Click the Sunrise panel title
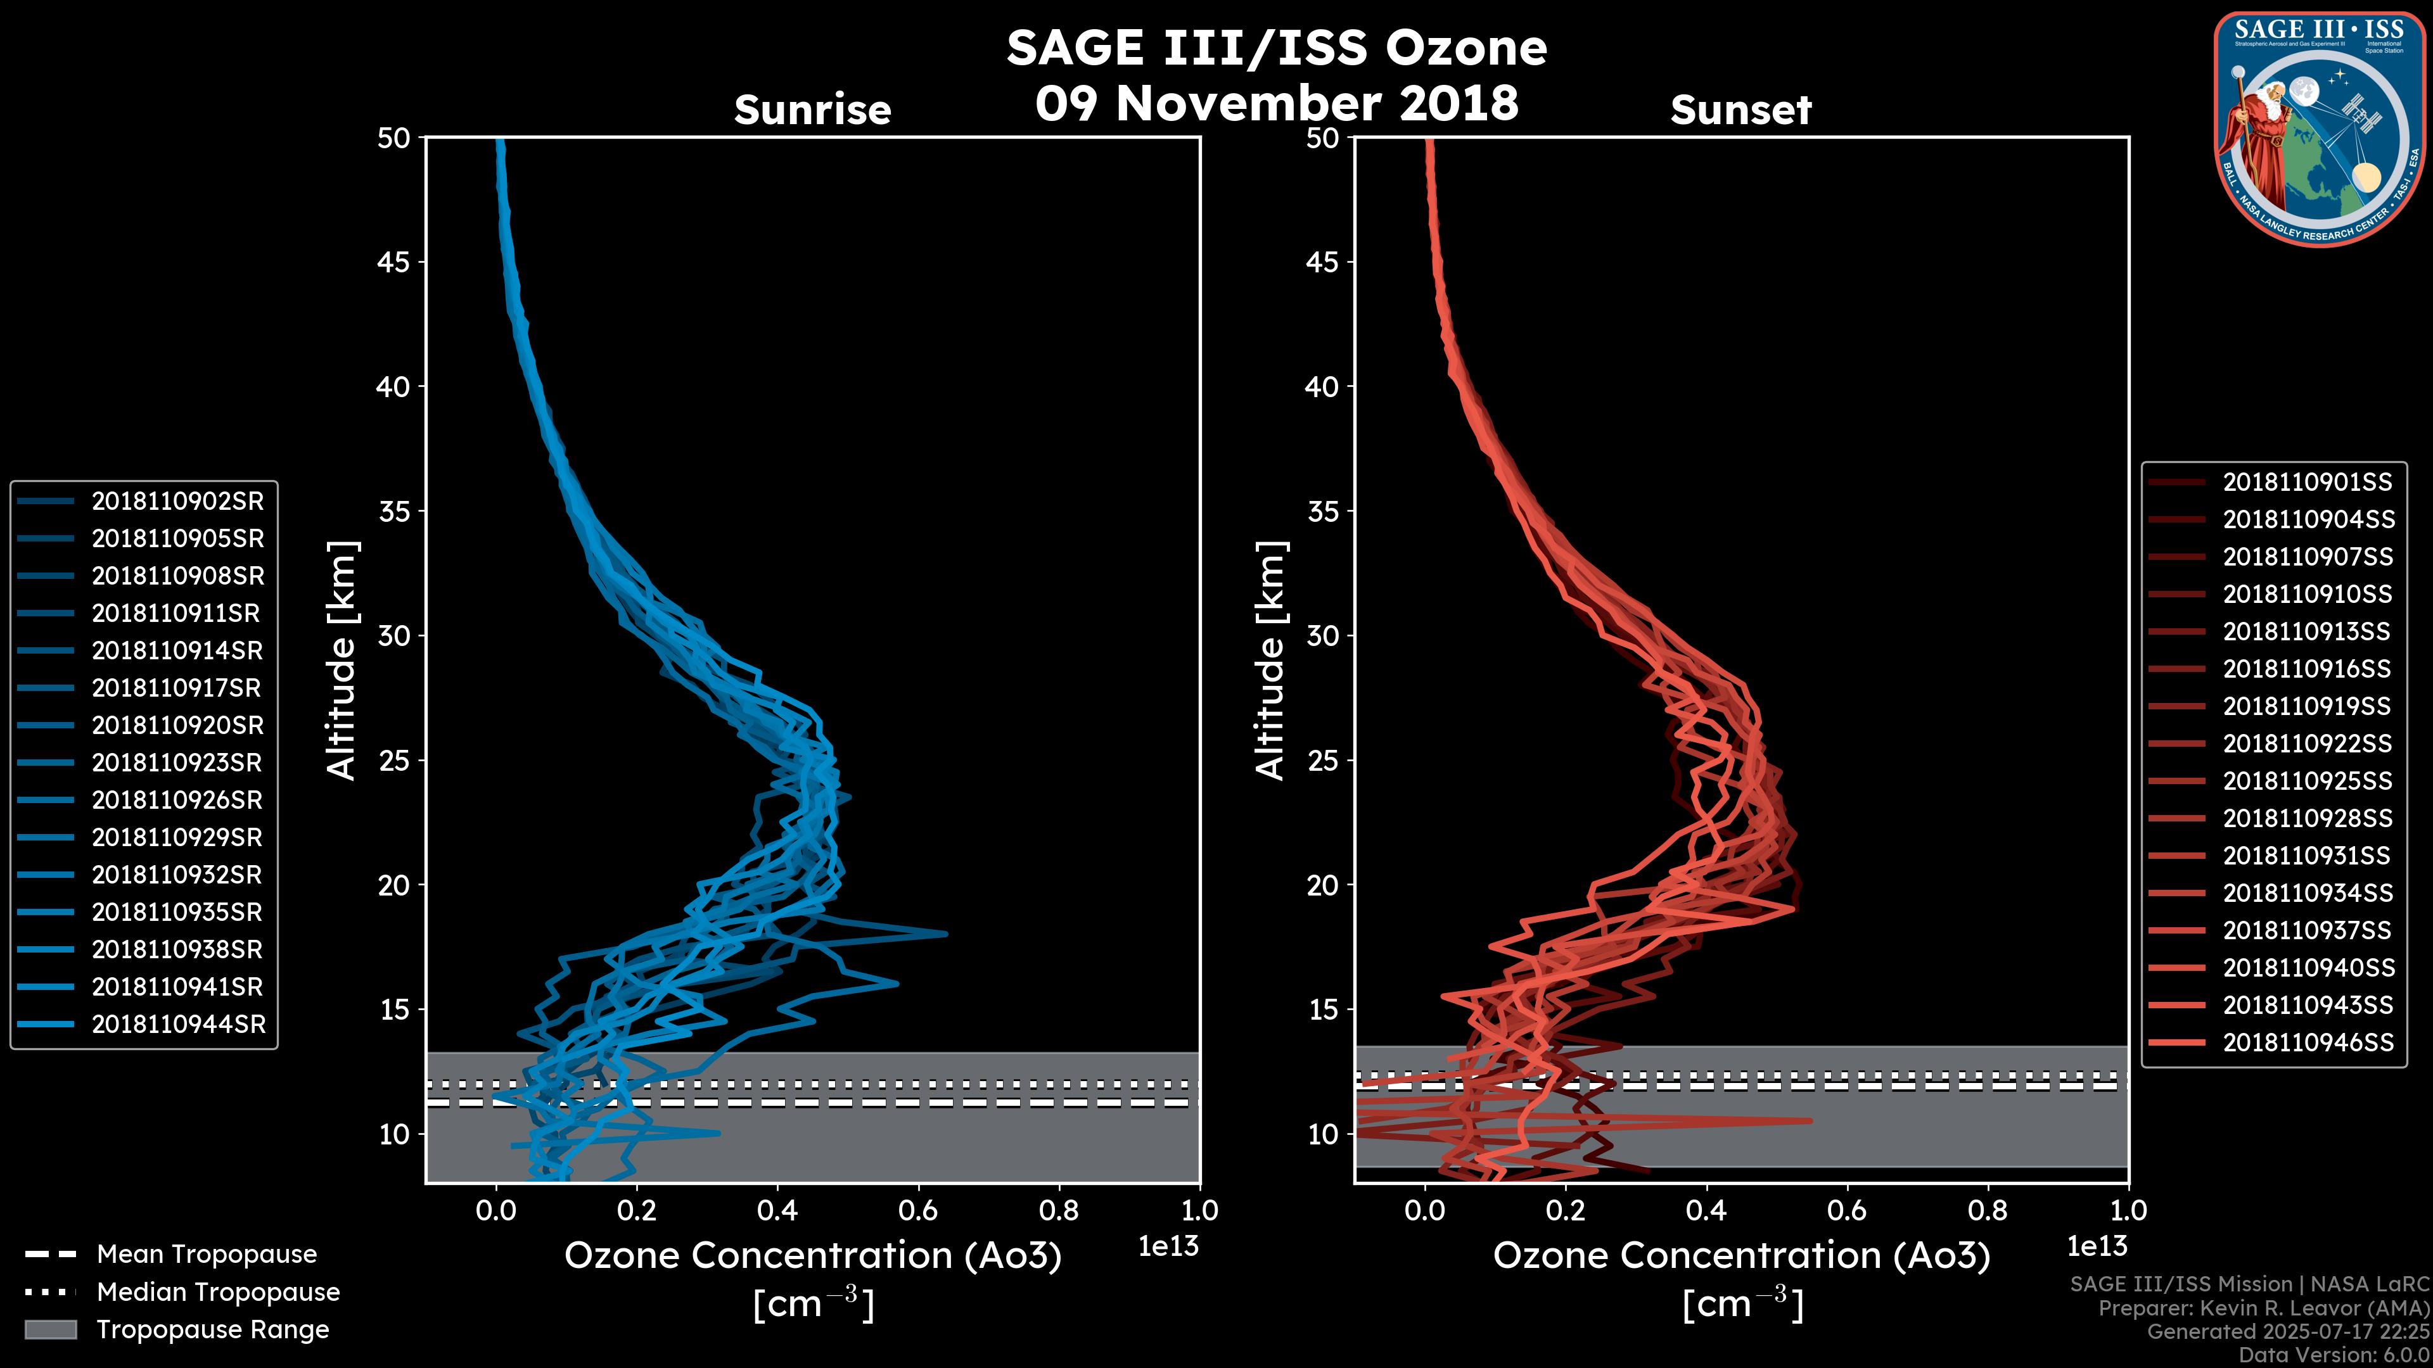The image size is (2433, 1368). click(812, 110)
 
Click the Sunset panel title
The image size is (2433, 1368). click(1740, 110)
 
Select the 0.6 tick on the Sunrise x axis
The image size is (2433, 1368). click(917, 1210)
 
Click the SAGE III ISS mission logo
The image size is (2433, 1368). click(2319, 127)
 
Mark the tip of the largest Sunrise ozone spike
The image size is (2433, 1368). click(945, 934)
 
